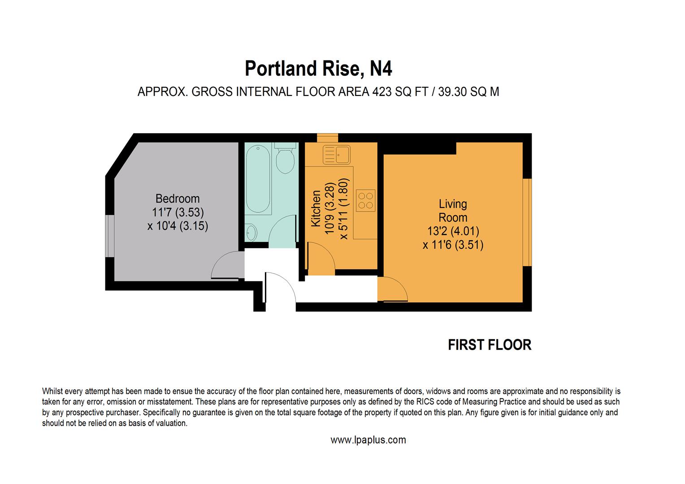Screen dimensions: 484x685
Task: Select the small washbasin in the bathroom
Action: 251,233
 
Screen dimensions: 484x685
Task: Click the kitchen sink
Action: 336,155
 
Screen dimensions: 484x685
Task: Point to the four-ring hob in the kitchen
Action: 365,200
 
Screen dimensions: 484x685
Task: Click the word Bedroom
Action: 178,199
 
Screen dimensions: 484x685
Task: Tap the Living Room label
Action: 453,211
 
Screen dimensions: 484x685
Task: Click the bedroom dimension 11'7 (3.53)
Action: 178,212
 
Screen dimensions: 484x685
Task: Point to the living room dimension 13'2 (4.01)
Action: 453,231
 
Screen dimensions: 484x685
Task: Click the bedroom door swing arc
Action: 227,265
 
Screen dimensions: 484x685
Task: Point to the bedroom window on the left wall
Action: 109,236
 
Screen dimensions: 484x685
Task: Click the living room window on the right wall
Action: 527,222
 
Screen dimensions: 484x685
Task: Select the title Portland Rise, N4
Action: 318,69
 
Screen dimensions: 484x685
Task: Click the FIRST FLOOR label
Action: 490,345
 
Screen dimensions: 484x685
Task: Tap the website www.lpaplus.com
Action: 368,440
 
